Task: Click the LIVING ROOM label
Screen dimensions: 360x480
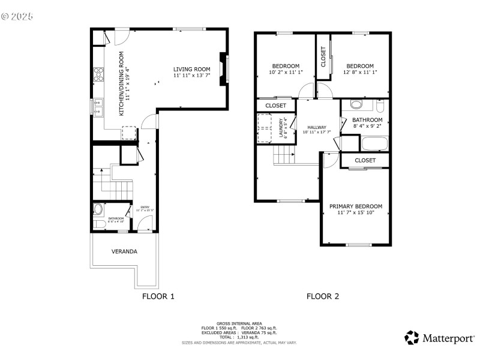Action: (x=192, y=69)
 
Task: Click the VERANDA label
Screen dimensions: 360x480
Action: (x=124, y=251)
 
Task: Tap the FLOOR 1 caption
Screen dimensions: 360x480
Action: (x=158, y=296)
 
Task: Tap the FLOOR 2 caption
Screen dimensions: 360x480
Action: (x=323, y=296)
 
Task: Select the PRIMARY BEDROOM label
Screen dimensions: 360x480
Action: (x=355, y=206)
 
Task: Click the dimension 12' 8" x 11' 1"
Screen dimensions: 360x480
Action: (x=360, y=73)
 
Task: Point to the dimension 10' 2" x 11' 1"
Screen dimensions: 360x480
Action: (x=286, y=73)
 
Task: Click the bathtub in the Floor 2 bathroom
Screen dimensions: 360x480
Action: (x=375, y=144)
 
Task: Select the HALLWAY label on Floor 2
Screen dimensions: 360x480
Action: (x=317, y=127)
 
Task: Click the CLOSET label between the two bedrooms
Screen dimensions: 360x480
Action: (x=323, y=57)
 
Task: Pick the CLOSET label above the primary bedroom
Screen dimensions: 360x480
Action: (x=365, y=160)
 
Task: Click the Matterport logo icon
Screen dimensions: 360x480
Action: (x=412, y=338)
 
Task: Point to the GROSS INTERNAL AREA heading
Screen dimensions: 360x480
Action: (x=239, y=323)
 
